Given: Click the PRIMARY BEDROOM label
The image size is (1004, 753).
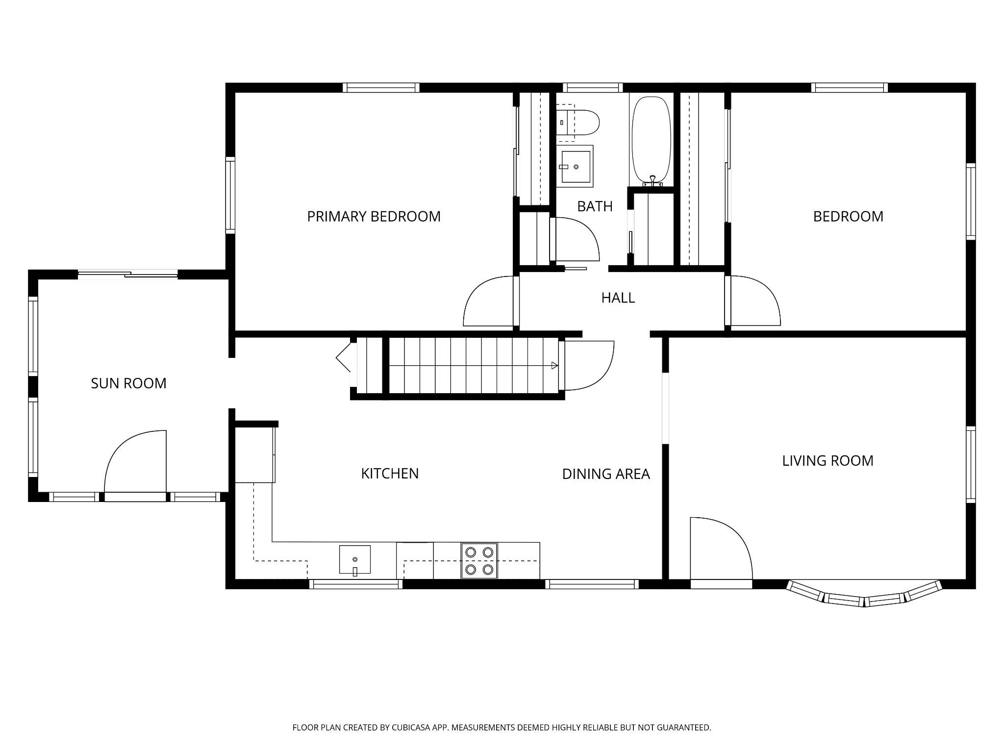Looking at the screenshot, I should tap(374, 216).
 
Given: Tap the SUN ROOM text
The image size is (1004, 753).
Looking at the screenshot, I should tap(128, 383).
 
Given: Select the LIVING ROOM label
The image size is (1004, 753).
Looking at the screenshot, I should tap(828, 461).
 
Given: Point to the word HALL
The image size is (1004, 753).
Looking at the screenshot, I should tap(618, 298).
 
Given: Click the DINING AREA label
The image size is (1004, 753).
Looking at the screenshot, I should tap(606, 474).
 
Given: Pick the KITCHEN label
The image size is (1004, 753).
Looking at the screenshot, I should tap(390, 474).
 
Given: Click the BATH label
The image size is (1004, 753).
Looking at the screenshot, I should tap(595, 206).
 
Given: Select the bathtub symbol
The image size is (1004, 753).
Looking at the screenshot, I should tap(651, 140).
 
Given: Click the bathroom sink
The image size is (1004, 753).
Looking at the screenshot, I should tap(576, 166).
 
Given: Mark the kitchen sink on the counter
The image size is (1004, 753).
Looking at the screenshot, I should tap(354, 559).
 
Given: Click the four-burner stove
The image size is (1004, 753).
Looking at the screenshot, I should tap(479, 560).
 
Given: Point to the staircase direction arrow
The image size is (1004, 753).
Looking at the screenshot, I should tap(554, 365).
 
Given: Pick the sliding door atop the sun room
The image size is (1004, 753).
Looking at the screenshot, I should tap(127, 274).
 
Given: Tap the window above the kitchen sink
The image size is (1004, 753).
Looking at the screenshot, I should tap(355, 584).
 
